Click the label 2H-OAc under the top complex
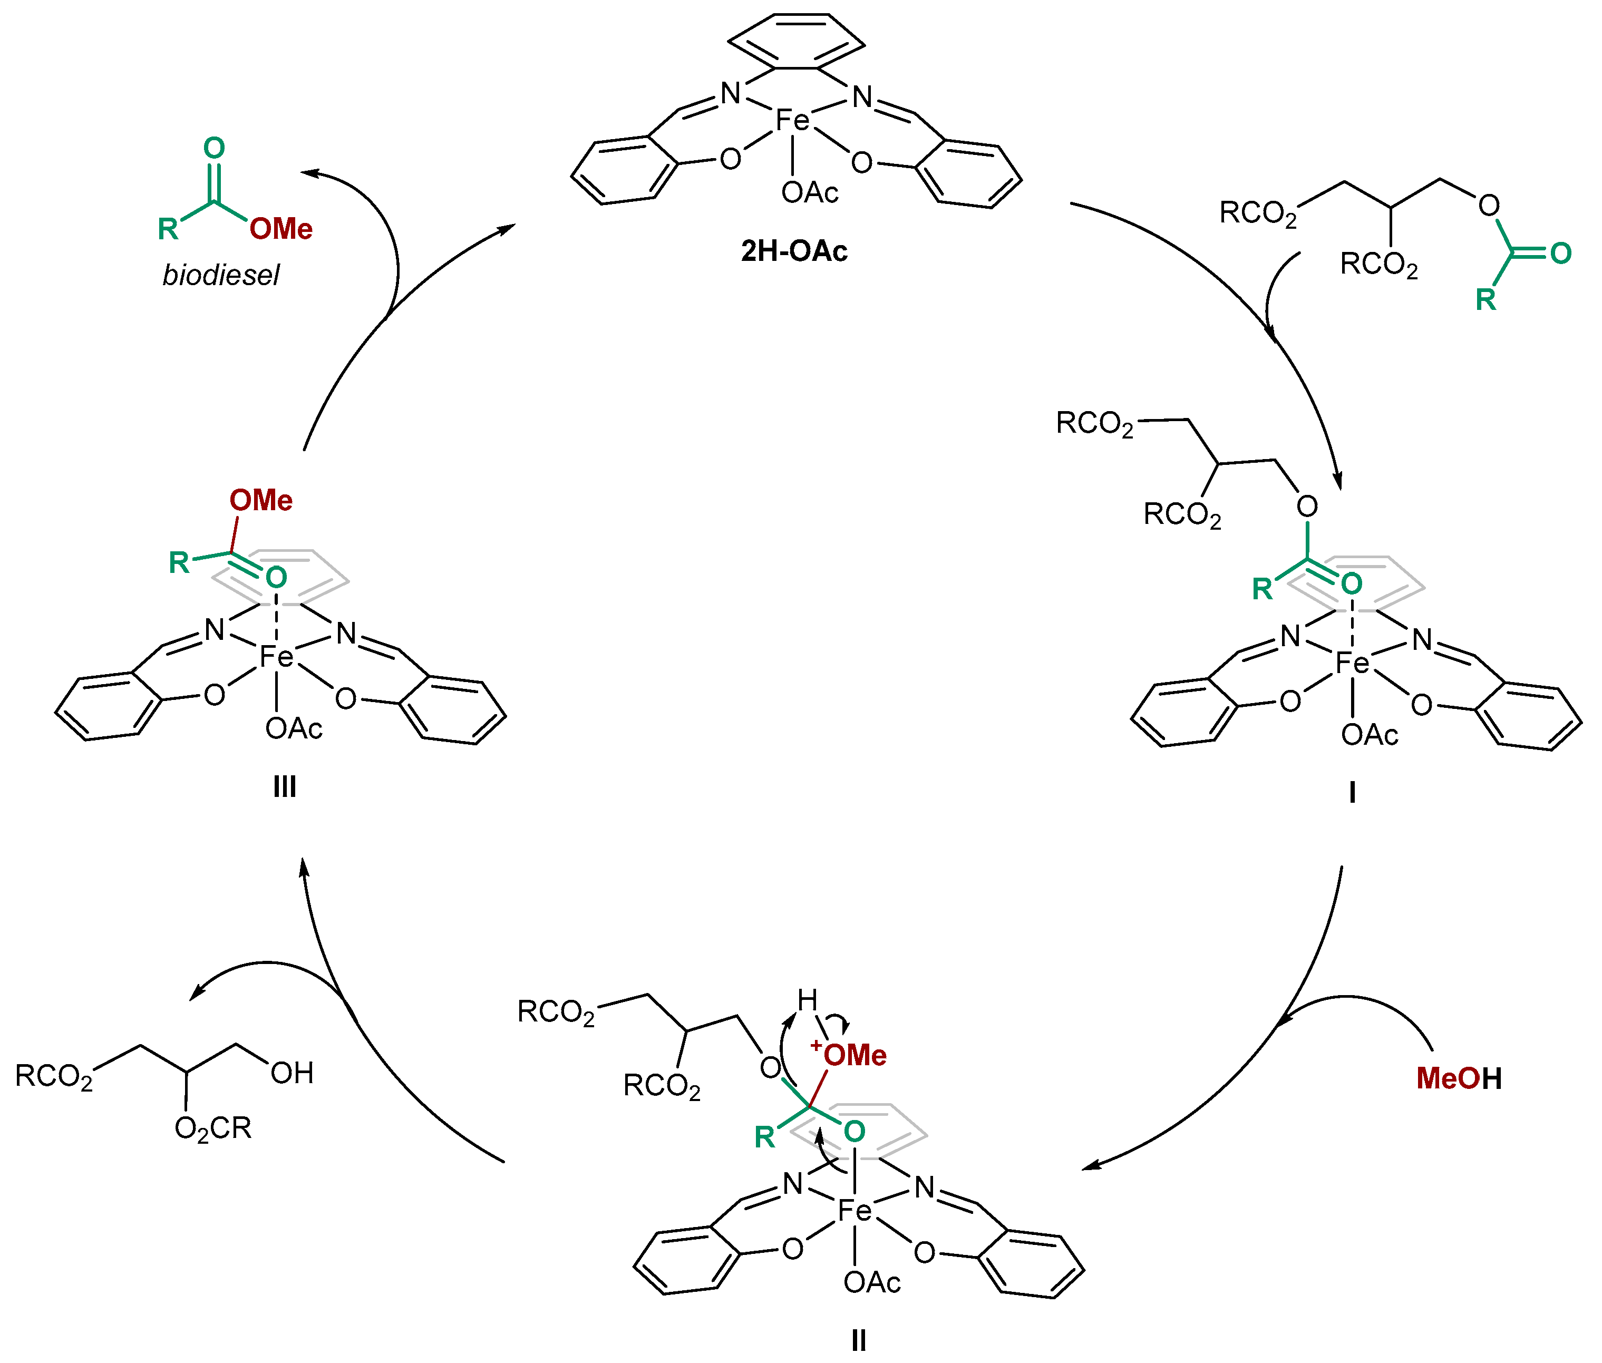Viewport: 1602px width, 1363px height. tap(794, 251)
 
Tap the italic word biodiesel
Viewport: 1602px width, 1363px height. tap(220, 275)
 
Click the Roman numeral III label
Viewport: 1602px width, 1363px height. tap(284, 786)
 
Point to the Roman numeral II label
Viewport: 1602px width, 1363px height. tap(858, 1340)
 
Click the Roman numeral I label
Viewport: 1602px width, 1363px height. tap(1352, 793)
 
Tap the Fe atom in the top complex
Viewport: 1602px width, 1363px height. tap(792, 120)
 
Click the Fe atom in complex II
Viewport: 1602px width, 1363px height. tap(855, 1210)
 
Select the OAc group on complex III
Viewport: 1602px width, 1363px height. tap(294, 728)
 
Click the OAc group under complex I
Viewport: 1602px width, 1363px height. tap(1370, 735)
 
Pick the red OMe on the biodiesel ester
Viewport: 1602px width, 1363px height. tap(280, 229)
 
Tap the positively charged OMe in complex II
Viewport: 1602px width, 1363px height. tap(854, 1056)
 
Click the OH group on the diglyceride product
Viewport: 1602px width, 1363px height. tap(292, 1073)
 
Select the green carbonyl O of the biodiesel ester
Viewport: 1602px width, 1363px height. tap(214, 148)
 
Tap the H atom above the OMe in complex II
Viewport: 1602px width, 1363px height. tap(807, 1000)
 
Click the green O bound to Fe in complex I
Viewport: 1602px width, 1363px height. tap(1351, 583)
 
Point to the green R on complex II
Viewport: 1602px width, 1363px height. tap(764, 1136)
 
